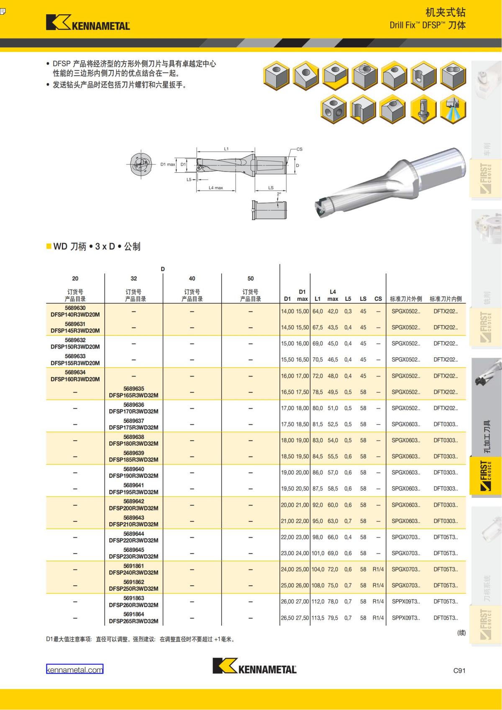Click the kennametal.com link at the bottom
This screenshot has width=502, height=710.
click(x=74, y=669)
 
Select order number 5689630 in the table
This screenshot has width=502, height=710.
click(x=75, y=308)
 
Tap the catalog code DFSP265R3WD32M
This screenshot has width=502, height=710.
click(x=133, y=621)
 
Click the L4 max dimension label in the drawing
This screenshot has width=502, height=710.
click(x=216, y=188)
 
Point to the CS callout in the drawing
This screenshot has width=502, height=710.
click(x=299, y=149)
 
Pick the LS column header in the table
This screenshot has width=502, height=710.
click(x=363, y=299)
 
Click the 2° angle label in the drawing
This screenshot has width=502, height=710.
click(x=279, y=194)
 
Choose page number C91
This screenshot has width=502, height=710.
click(x=459, y=670)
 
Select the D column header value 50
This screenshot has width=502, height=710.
click(x=250, y=278)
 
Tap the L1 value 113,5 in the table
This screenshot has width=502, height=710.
click(x=318, y=618)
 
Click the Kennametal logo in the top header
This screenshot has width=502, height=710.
click(x=88, y=23)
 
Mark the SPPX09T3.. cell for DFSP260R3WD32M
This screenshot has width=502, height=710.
click(x=406, y=601)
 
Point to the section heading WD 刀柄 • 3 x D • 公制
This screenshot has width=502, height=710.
click(x=96, y=246)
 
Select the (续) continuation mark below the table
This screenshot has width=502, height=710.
click(x=461, y=633)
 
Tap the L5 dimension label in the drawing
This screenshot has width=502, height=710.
click(x=189, y=179)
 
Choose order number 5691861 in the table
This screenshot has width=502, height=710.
click(x=133, y=566)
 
